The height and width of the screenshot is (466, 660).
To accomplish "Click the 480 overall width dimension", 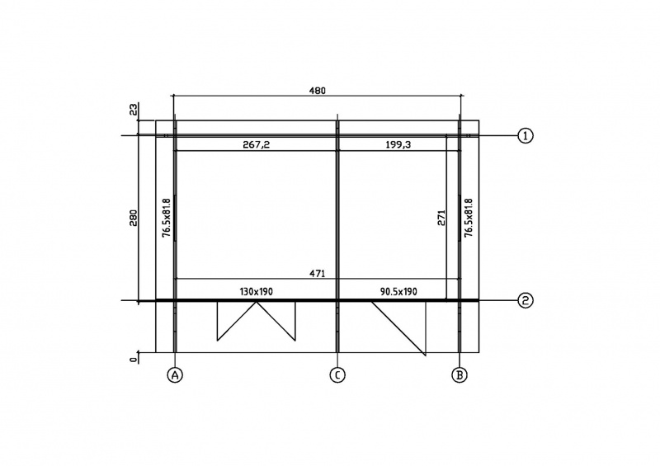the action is pyautogui.click(x=318, y=91).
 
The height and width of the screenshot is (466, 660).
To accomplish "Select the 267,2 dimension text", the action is pyautogui.click(x=257, y=145).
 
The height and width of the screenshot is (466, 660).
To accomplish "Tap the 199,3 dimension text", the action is pyautogui.click(x=398, y=145).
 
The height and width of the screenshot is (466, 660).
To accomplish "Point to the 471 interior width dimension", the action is pyautogui.click(x=318, y=274).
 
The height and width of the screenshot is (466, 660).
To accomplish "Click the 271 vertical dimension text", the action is pyautogui.click(x=441, y=218).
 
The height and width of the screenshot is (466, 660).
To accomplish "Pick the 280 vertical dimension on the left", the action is pyautogui.click(x=134, y=218).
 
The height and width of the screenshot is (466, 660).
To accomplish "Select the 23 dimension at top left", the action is pyautogui.click(x=134, y=111).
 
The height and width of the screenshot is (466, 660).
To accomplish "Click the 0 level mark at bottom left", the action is pyautogui.click(x=134, y=360).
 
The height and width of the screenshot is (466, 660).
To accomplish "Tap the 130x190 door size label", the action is pyautogui.click(x=257, y=291).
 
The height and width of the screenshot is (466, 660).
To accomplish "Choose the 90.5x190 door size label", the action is pyautogui.click(x=398, y=291).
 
